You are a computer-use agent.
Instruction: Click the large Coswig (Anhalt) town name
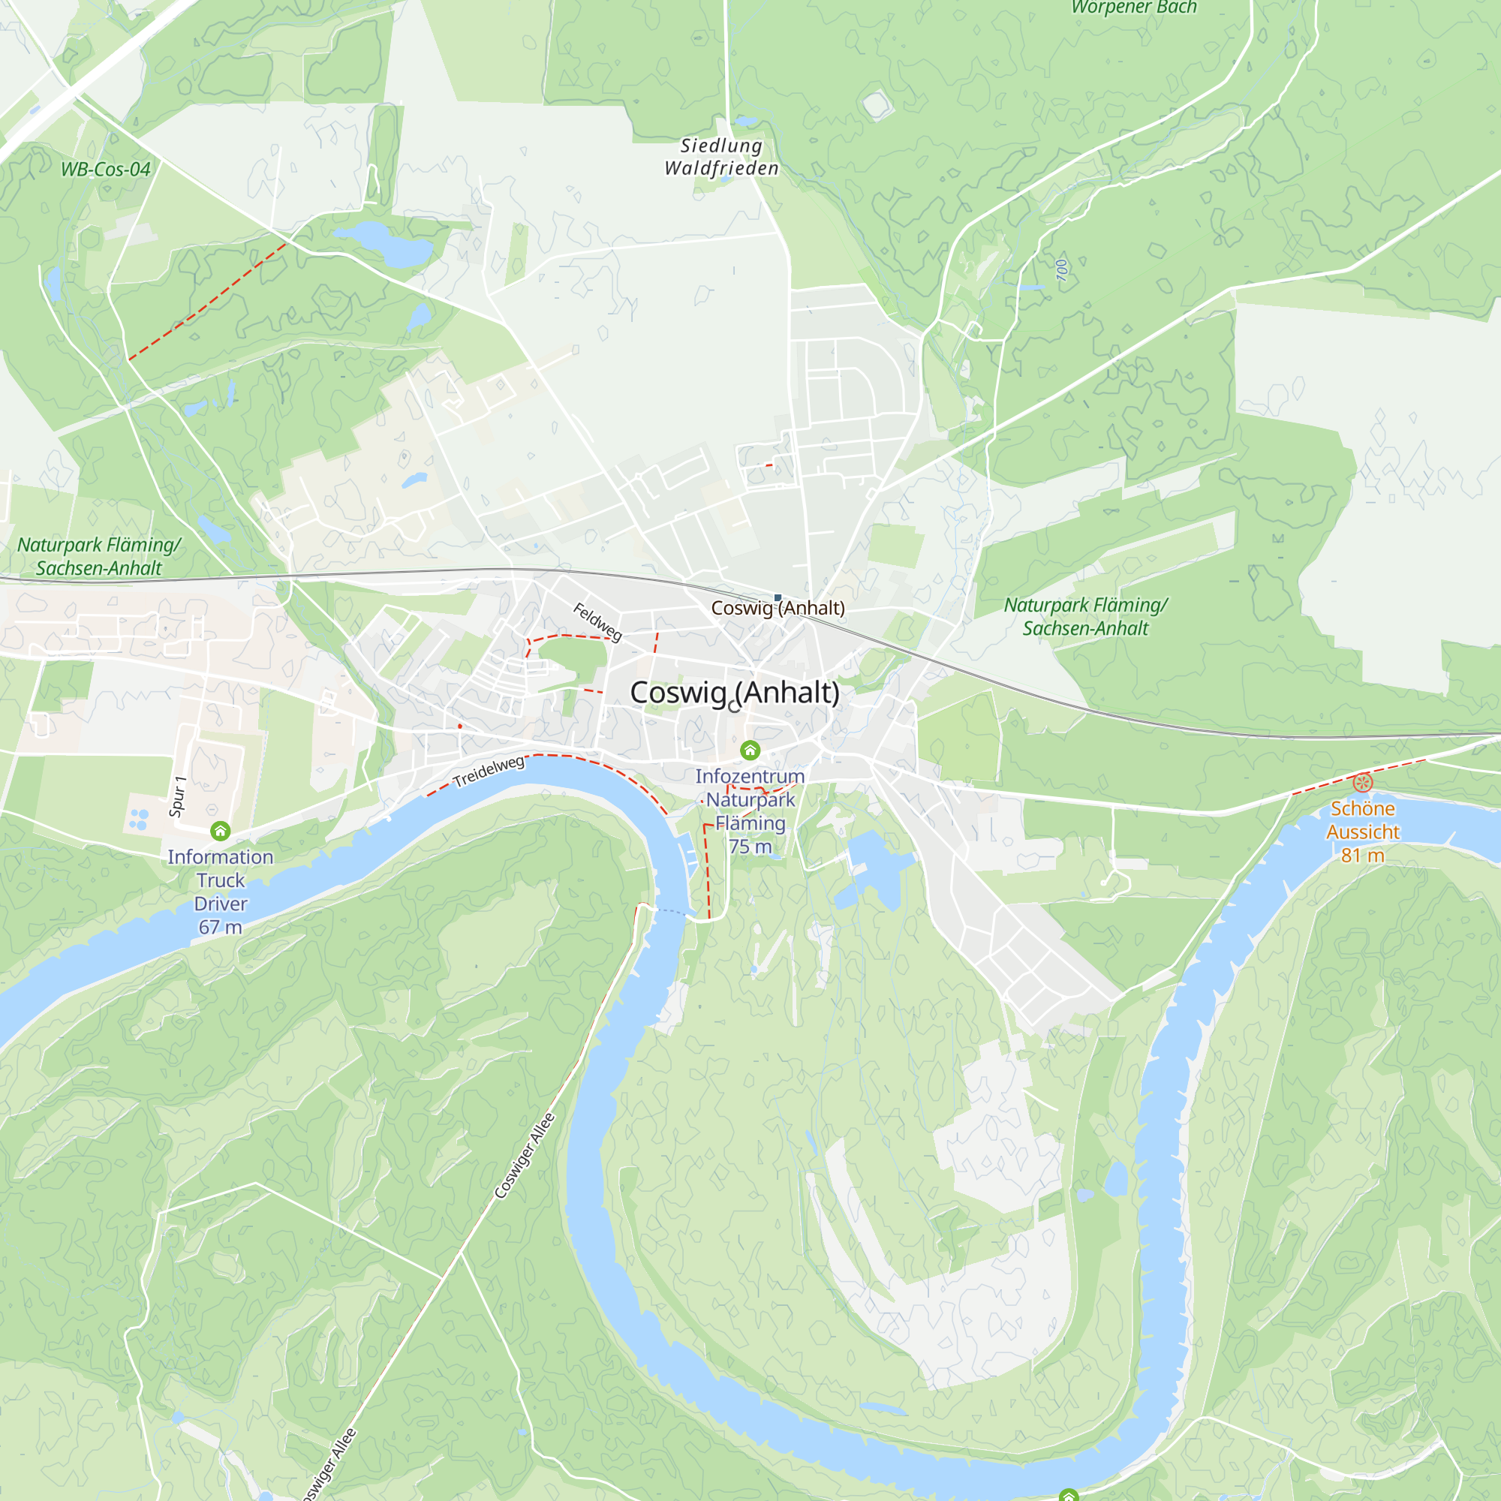coord(734,692)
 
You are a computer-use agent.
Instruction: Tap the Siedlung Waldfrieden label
coord(721,157)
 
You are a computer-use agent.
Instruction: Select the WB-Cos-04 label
coord(105,170)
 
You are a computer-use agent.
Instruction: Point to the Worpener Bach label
coord(1133,8)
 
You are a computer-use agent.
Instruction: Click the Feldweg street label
coord(597,621)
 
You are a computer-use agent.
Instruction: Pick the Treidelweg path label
coord(489,771)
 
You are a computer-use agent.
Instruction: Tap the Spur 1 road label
coord(177,796)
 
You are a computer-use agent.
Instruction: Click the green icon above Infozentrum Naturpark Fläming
coord(750,750)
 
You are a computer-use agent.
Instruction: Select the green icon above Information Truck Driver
coord(221,832)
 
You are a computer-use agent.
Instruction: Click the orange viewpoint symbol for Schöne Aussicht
coord(1363,782)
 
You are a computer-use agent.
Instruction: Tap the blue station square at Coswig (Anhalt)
coord(778,597)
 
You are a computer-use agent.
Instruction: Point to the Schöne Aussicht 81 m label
coord(1363,832)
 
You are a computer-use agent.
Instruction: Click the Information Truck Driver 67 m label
coord(221,892)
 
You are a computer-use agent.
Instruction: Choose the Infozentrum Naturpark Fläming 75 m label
coord(750,811)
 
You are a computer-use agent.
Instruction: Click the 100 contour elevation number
coord(1062,269)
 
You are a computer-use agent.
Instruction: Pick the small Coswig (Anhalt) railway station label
coord(778,609)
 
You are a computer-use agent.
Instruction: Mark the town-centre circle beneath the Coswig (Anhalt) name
coord(734,707)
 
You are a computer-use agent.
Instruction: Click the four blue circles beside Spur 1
coord(139,819)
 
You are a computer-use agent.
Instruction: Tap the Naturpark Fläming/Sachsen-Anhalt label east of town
coord(1085,616)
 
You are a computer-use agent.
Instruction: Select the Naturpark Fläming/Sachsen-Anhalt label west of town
coord(98,556)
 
